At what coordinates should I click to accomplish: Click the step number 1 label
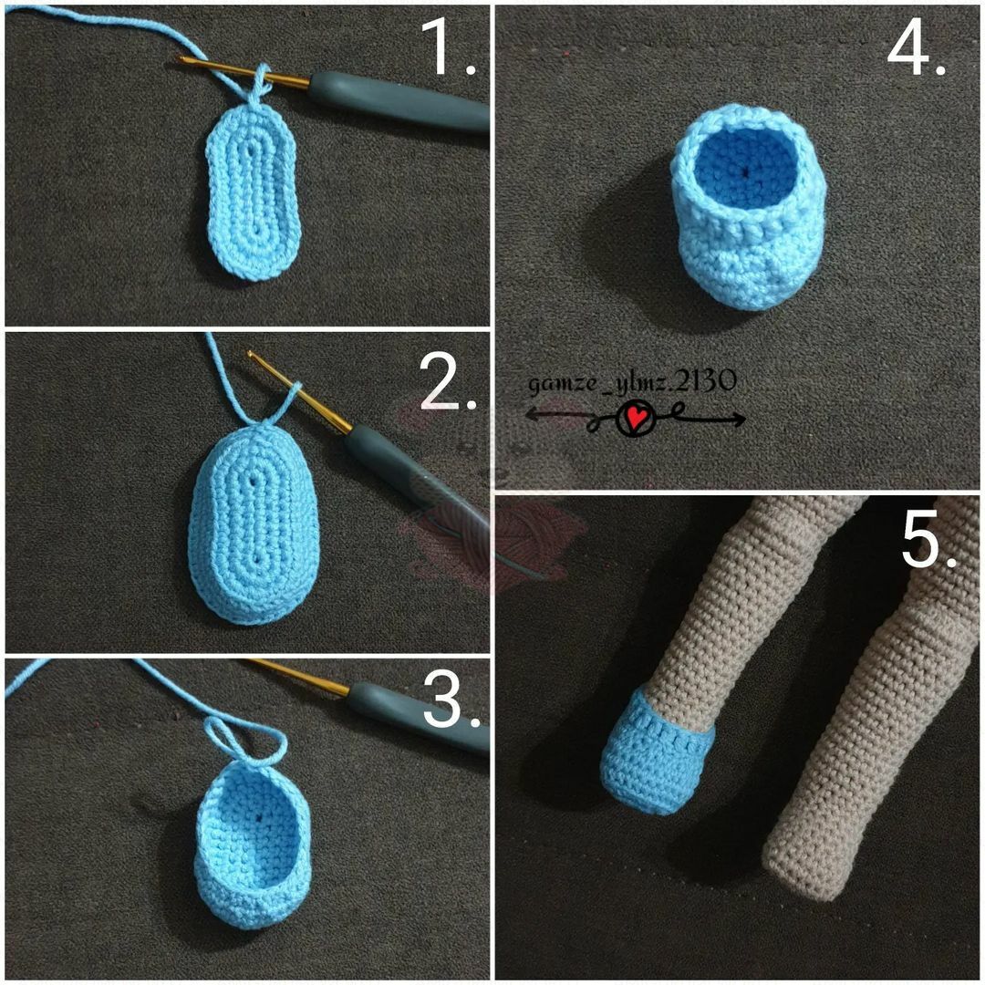pos(447,47)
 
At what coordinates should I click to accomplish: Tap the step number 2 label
pos(447,380)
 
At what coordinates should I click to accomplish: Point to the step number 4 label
pos(916,47)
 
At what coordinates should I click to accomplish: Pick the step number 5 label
pos(928,538)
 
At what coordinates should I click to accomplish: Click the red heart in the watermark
pos(638,417)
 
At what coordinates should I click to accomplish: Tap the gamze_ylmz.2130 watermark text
pos(631,382)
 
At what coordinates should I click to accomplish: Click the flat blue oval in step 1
pos(254,191)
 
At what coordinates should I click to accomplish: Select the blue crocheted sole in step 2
pos(254,523)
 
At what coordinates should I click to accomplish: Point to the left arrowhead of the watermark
pos(530,415)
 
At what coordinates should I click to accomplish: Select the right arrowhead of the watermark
pos(740,420)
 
